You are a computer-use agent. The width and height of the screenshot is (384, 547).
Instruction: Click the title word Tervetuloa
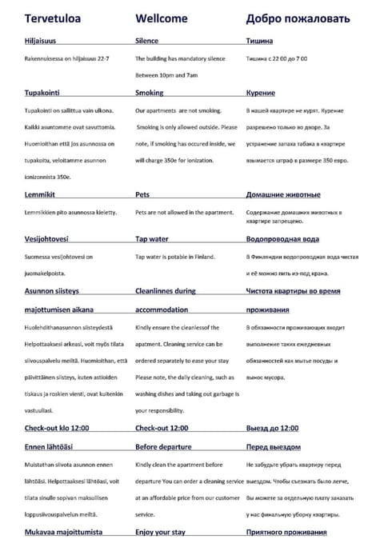click(50, 18)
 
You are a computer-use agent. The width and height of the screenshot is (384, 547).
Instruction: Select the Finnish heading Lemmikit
click(40, 194)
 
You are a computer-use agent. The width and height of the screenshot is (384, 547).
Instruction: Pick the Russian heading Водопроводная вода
click(283, 239)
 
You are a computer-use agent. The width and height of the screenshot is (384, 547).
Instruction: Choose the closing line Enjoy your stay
click(160, 531)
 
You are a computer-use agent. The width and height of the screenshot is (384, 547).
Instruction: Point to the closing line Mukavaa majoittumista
click(64, 531)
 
